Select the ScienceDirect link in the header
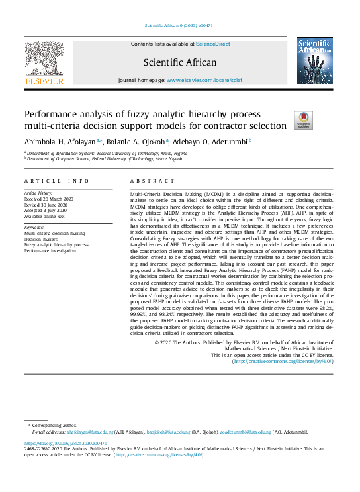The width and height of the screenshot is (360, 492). pos(212,44)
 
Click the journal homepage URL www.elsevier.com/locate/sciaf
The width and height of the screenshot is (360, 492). pos(204,79)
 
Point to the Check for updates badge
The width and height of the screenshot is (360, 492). pos(303,120)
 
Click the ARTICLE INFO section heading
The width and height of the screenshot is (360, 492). pos(56,181)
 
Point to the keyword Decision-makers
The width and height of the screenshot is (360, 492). pos(42,239)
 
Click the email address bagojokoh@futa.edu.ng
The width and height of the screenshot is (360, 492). pos(188,431)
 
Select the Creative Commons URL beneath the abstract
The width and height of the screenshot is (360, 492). pos(282,362)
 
